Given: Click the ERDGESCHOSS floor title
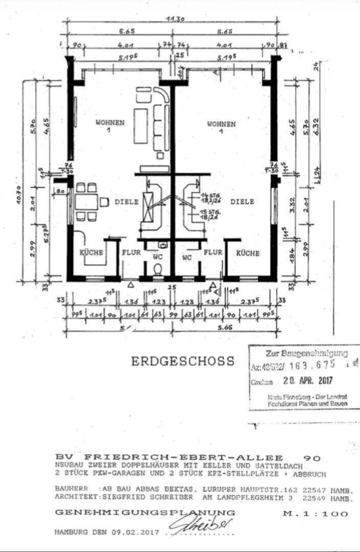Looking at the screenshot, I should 183,361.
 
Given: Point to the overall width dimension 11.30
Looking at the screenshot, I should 175,19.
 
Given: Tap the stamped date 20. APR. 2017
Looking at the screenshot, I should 303,381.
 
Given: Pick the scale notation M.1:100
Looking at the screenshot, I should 315,514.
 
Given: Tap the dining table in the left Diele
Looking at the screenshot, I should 86,202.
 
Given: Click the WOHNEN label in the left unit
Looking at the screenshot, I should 110,123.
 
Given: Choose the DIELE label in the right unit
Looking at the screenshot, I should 242,202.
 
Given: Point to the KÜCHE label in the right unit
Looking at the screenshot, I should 248,253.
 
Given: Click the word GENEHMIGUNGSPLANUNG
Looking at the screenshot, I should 145,512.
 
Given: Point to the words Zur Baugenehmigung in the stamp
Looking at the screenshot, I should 306,353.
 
